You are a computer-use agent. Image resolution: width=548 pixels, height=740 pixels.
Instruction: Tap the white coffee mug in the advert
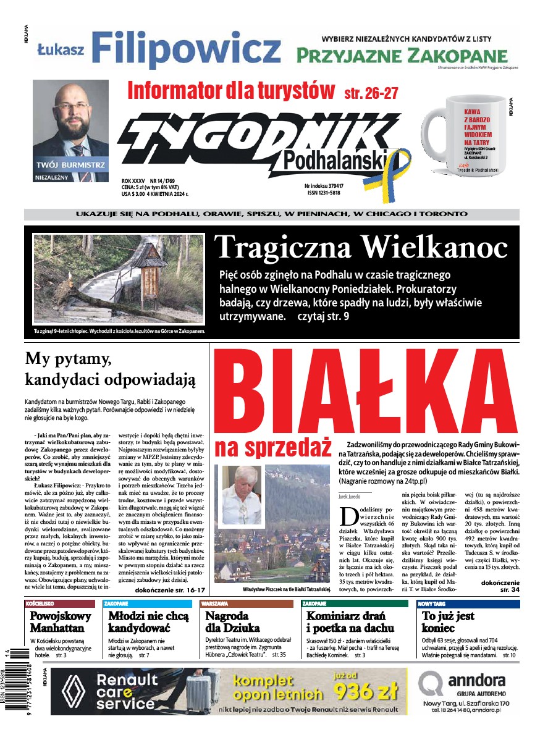click(469, 140)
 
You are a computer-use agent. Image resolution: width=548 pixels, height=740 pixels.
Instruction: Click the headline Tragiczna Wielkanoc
click(361, 248)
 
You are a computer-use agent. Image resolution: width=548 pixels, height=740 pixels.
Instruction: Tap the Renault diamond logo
click(72, 691)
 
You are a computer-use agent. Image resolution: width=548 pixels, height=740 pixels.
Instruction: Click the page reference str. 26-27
click(371, 93)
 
